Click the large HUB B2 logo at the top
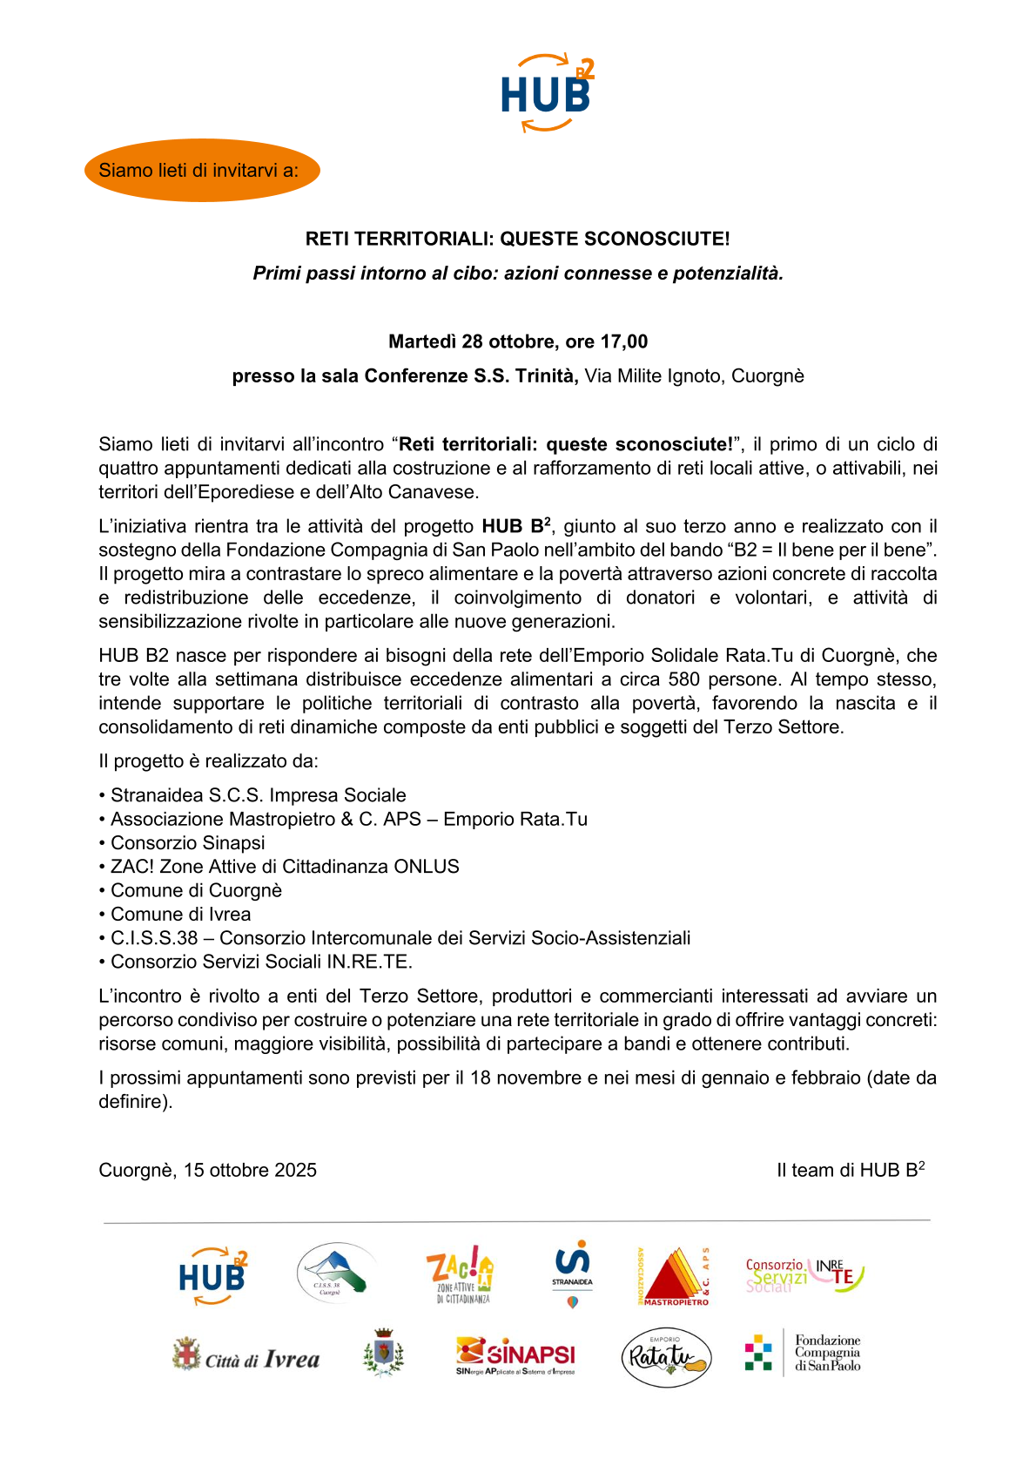point(547,92)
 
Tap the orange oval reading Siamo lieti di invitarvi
point(202,171)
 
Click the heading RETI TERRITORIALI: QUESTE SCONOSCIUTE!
point(517,239)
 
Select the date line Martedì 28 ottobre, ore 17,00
point(517,341)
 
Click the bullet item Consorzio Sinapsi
point(187,843)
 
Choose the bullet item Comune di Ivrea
point(180,915)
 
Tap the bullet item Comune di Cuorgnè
point(196,891)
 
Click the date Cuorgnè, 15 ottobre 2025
point(208,1171)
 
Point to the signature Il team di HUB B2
point(850,1171)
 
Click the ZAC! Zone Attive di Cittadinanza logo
point(461,1274)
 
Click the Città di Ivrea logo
point(246,1357)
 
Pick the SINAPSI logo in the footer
point(515,1355)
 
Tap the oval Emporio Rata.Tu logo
point(666,1356)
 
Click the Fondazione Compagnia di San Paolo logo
point(803,1354)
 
